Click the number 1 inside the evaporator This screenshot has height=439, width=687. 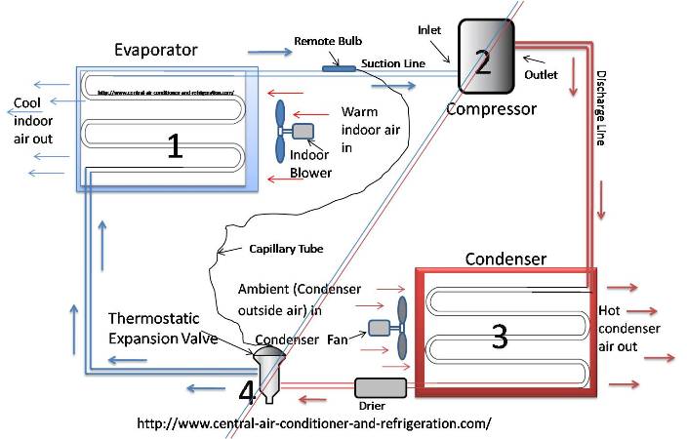[x=174, y=146]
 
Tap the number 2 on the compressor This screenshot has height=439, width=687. [x=482, y=61]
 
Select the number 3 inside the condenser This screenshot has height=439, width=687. [x=499, y=336]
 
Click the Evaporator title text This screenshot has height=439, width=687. [x=155, y=49]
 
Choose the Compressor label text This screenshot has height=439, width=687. [x=491, y=108]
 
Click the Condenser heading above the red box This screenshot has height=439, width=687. [x=505, y=259]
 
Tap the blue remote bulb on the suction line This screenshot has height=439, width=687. [x=340, y=68]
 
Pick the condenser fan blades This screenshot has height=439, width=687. [x=400, y=328]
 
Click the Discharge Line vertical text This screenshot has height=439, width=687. [x=600, y=107]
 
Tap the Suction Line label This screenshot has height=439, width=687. [x=387, y=63]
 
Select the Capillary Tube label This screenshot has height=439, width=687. [x=286, y=249]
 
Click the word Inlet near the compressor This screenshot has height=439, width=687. [x=430, y=29]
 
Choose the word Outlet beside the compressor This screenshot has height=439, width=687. [x=542, y=74]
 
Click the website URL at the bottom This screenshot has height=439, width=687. [x=314, y=424]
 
